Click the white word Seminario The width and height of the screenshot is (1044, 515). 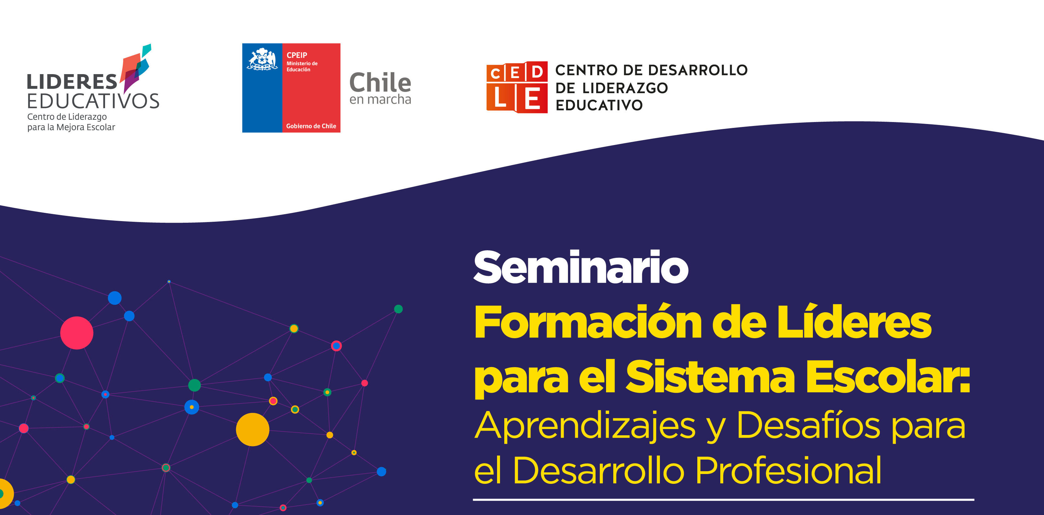tap(581, 267)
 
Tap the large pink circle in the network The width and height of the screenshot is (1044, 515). tap(76, 333)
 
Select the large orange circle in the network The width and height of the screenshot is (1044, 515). tap(252, 430)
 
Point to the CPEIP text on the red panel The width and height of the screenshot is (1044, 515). tap(297, 55)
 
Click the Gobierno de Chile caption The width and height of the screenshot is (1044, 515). tap(311, 126)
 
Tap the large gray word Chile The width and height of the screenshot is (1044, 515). tap(380, 83)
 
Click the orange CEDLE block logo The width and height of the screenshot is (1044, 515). tap(517, 87)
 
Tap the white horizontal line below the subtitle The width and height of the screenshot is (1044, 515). tap(724, 500)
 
